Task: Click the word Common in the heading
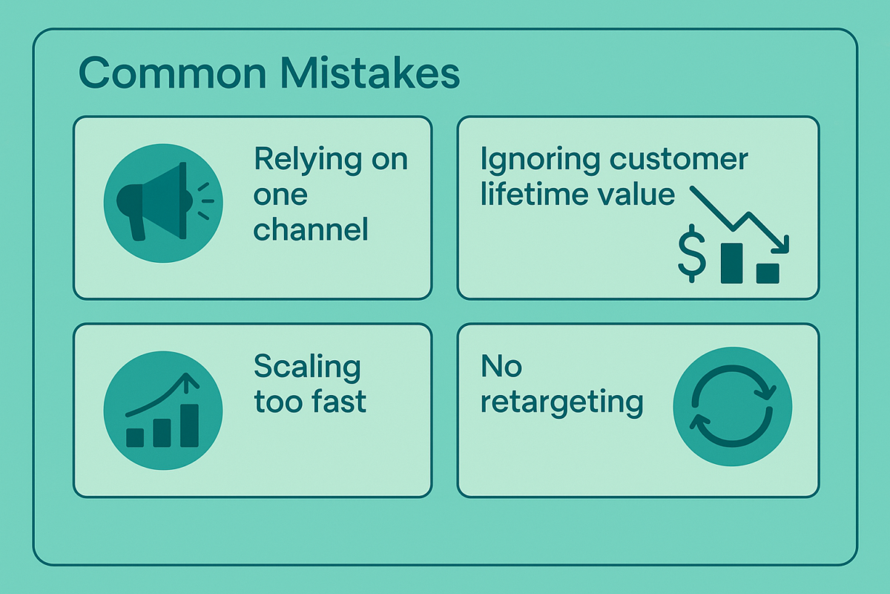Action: click(x=172, y=74)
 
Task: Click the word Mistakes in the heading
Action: click(x=370, y=73)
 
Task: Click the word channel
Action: click(x=311, y=229)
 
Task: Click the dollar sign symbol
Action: click(x=692, y=254)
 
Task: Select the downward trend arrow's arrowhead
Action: click(x=781, y=245)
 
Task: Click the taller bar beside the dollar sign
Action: click(x=731, y=264)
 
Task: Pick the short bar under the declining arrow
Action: click(x=768, y=274)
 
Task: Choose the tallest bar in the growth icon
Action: click(x=190, y=425)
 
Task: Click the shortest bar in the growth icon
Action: click(x=135, y=437)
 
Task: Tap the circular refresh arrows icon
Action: click(x=732, y=406)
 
